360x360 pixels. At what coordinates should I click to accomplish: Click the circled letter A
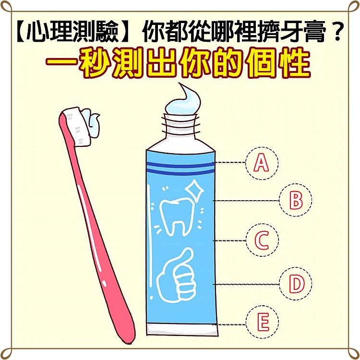click(261, 163)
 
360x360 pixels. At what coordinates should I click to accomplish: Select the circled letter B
click(296, 200)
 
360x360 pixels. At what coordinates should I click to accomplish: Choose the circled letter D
click(296, 284)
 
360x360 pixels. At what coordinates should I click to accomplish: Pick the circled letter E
click(262, 323)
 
